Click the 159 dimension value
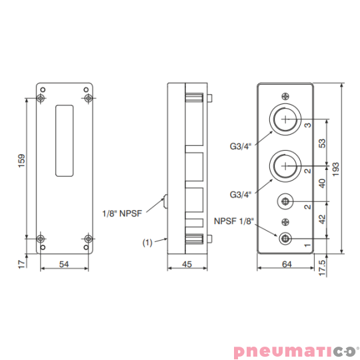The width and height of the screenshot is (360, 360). tap(21, 161)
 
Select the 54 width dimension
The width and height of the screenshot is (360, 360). tap(64, 264)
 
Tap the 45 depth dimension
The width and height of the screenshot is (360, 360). tap(187, 264)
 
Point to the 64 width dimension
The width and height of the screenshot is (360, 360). tap(287, 264)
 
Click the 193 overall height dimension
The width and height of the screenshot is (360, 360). tap(335, 169)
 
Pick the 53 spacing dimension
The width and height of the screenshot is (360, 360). tap(323, 143)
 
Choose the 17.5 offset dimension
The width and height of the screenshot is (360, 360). tap(322, 268)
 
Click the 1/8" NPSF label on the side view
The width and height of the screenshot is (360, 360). tap(122, 213)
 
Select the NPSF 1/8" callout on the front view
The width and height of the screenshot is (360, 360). tap(234, 221)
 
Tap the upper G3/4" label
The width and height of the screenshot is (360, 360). tap(241, 146)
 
